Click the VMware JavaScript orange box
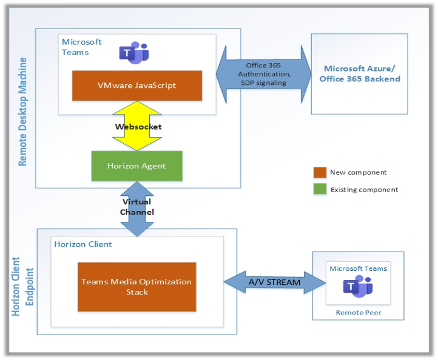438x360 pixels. pos(136,85)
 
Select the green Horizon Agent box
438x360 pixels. pos(136,165)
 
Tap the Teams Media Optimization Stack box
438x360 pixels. pos(136,287)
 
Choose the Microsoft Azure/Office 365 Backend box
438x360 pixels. pos(362,74)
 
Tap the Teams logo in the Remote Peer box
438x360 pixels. pos(358,287)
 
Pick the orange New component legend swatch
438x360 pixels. pos(320,173)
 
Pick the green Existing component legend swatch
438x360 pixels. pos(320,190)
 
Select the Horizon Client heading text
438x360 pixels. pos(83,244)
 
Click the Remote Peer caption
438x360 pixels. pos(358,313)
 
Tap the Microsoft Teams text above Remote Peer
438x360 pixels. pos(358,268)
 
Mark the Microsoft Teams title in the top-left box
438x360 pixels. pos(81,47)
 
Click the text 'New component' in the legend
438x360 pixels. pos(358,173)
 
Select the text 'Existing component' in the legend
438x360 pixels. pos(364,190)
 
